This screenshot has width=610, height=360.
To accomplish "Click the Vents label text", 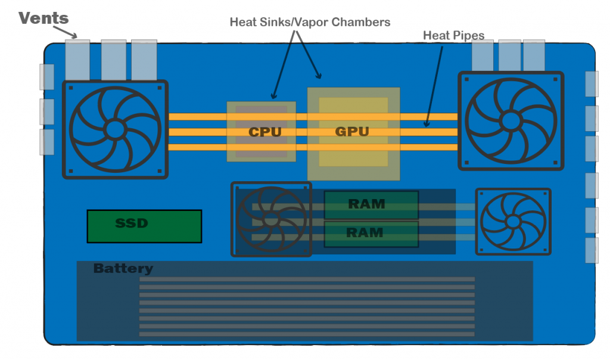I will tap(43, 18).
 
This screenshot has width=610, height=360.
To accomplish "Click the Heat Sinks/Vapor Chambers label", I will tap(310, 22).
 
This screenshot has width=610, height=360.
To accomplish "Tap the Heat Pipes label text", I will tap(453, 36).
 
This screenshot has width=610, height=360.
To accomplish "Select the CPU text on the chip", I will tap(264, 132).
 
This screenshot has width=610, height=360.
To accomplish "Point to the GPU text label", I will tap(352, 131).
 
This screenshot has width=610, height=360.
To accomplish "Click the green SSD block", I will tap(144, 226).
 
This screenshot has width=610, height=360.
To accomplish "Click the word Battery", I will tap(123, 269).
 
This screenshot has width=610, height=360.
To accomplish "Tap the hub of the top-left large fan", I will tap(114, 129).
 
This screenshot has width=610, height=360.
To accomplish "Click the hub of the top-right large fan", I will tap(510, 121).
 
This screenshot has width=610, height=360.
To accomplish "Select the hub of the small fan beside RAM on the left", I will tap(270, 219).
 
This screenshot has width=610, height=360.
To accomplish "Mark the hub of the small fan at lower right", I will tap(512, 221).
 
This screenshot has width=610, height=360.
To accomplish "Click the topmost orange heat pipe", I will tap(197, 117).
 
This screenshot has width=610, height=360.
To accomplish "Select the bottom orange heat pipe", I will tap(197, 147).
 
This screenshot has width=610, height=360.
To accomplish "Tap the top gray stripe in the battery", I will tap(307, 279).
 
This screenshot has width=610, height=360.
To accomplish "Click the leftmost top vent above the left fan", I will tap(77, 60).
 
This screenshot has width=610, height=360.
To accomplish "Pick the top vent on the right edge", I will tap(591, 84).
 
